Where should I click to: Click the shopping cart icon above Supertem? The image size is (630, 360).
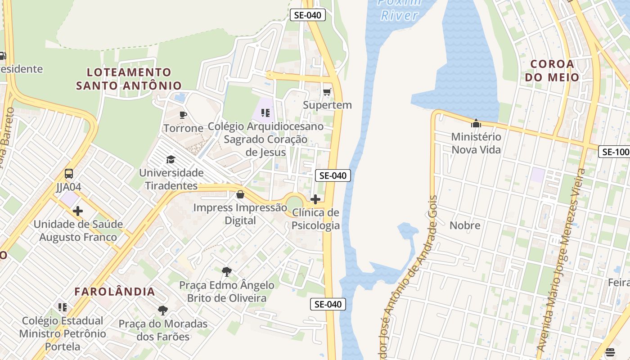(x=327, y=92)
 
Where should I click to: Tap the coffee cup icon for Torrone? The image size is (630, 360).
(x=183, y=115)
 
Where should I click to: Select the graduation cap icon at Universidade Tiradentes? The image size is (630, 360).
(x=171, y=159)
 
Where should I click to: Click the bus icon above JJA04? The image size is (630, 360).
(x=69, y=174)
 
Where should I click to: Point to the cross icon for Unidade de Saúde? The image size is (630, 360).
(x=78, y=211)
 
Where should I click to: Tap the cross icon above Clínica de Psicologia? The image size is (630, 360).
(x=315, y=199)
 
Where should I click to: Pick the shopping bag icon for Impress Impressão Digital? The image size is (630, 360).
(x=240, y=194)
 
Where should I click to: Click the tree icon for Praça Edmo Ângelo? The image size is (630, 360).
(x=227, y=271)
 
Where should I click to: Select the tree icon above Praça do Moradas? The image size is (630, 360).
(x=163, y=310)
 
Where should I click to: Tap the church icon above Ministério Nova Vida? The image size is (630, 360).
(x=476, y=123)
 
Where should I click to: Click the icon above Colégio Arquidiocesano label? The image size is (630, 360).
(x=265, y=112)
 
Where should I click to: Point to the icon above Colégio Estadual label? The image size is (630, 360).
(x=63, y=307)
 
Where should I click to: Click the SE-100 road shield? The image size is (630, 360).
(x=615, y=152)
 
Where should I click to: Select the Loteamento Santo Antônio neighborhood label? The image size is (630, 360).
(x=129, y=79)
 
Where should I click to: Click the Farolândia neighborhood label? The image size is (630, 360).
(x=115, y=292)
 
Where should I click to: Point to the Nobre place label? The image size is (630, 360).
(x=465, y=225)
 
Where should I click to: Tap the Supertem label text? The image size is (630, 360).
(x=327, y=105)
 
